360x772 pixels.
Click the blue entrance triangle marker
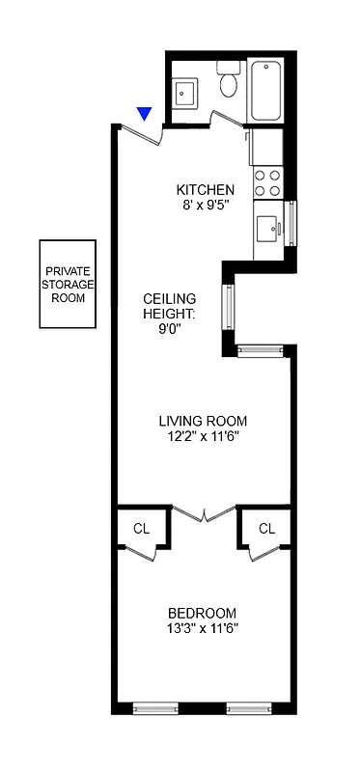(145, 114)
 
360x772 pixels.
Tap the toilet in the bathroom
(229, 79)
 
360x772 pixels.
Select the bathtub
(265, 90)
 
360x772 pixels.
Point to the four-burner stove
(267, 183)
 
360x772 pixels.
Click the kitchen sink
(268, 229)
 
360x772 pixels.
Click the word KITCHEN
(205, 189)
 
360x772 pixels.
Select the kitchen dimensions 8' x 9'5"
(205, 205)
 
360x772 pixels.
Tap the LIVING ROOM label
(203, 421)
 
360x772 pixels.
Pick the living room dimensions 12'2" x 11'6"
(203, 436)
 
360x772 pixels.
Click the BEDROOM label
(202, 613)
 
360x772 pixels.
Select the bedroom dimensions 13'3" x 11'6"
(202, 628)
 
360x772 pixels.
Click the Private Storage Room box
(69, 285)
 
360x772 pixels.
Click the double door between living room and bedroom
(204, 512)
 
